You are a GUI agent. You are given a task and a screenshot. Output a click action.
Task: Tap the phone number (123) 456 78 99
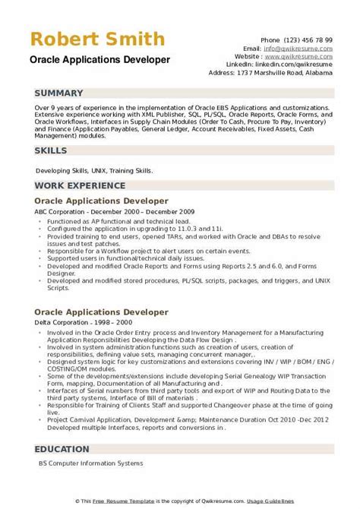tap(307, 38)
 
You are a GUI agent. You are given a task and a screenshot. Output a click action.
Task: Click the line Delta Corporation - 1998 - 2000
tap(77, 301)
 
